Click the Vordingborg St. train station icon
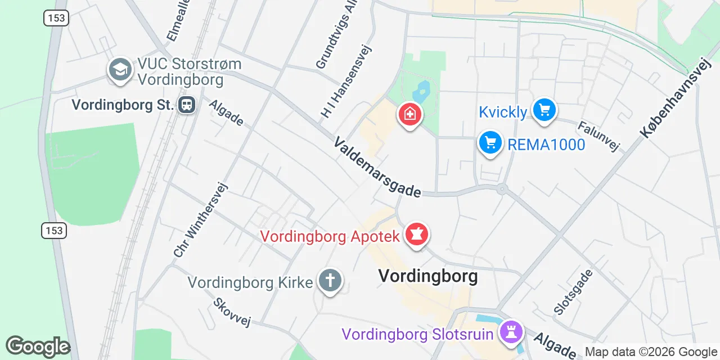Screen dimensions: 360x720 [x=187, y=105]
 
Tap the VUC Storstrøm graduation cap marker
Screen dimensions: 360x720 [x=120, y=70]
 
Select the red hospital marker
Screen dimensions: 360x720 [x=410, y=115]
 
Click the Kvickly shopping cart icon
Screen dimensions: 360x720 [x=544, y=110]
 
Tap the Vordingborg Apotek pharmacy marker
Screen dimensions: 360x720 [x=417, y=234]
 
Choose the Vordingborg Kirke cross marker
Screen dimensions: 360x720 [x=330, y=280]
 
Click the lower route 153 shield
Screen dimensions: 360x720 [x=54, y=230]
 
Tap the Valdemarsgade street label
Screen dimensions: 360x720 [x=377, y=167]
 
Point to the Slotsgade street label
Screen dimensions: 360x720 [x=573, y=292]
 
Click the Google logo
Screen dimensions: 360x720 [x=38, y=347]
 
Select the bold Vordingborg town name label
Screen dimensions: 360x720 [x=427, y=276]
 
